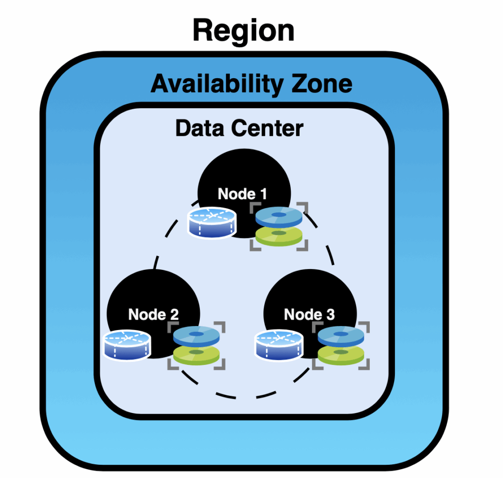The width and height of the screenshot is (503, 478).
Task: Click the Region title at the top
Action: coord(243,30)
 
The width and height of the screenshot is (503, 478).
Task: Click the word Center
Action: coord(269,129)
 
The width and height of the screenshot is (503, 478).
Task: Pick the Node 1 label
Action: coord(242,193)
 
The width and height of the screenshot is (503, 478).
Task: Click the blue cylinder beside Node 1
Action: coord(212,222)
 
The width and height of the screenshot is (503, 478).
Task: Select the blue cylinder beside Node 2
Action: coord(127,344)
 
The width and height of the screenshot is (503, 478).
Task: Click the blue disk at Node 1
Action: coord(279,216)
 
